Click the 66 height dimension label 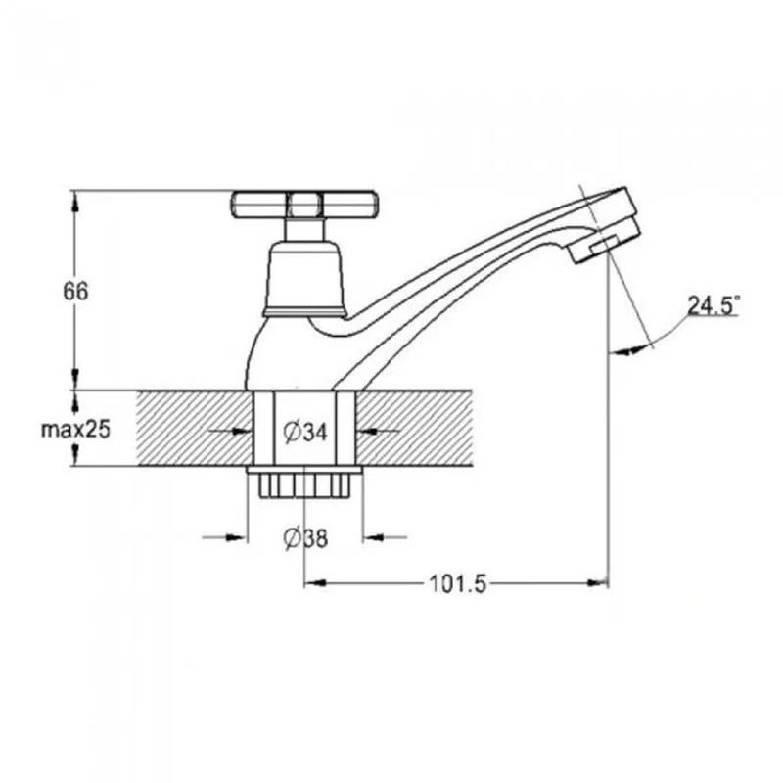click(75, 291)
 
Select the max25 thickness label click(75, 429)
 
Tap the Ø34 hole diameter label click(305, 432)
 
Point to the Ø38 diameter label click(305, 538)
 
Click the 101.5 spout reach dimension click(457, 583)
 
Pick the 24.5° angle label click(714, 305)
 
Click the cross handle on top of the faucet click(303, 205)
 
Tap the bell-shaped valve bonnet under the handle click(304, 279)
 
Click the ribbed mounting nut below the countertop click(304, 485)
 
